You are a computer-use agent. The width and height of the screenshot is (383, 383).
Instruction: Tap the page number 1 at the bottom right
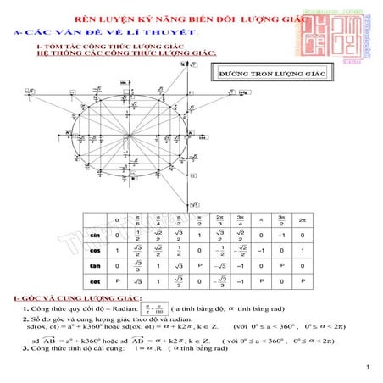pos(369,367)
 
